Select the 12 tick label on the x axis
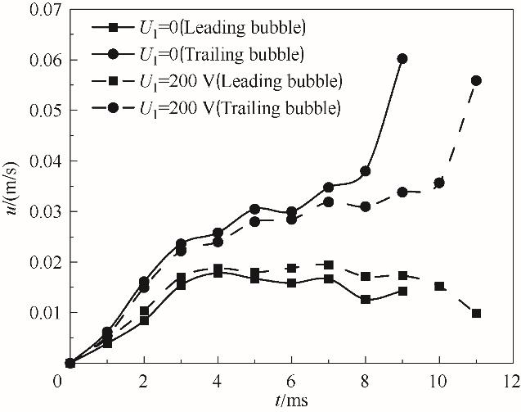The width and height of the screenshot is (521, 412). pos(513,381)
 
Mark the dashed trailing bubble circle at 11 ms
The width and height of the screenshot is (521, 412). pos(476,80)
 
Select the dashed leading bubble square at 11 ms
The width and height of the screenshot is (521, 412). pos(476,313)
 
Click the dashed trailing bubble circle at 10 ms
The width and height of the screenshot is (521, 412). pos(439,183)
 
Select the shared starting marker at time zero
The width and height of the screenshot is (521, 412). pos(70,363)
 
